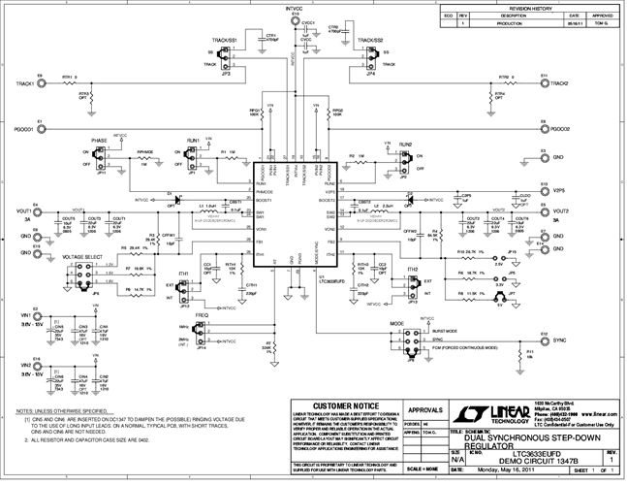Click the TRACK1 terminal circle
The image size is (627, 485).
click(41, 83)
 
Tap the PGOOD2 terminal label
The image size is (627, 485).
click(558, 128)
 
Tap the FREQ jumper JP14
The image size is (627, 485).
click(202, 332)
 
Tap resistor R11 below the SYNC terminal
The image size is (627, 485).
click(530, 355)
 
